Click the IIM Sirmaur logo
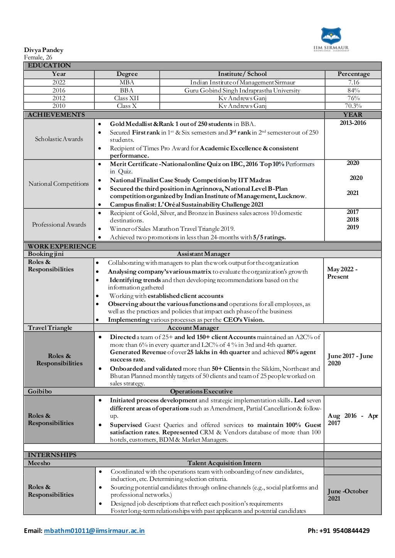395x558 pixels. pyautogui.click(x=331, y=39)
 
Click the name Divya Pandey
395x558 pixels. pyautogui.click(x=44, y=50)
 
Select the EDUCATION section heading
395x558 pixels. pyautogui.click(x=49, y=66)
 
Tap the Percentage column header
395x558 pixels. pyautogui.click(x=353, y=74)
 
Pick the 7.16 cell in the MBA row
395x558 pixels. pyautogui.click(x=353, y=82)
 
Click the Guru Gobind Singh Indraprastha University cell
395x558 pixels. pyautogui.click(x=242, y=91)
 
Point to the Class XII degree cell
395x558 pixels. pyautogui.click(x=127, y=98)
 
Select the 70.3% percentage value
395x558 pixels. pyautogui.click(x=353, y=106)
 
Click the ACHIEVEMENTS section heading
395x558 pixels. pyautogui.click(x=56, y=115)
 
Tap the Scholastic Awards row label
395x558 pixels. pyautogui.click(x=59, y=139)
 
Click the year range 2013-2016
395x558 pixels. pyautogui.click(x=353, y=123)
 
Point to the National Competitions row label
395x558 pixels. pyautogui.click(x=59, y=184)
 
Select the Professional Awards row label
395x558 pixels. pyautogui.click(x=59, y=225)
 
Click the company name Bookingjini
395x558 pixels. pyautogui.click(x=46, y=254)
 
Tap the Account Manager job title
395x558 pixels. pyautogui.click(x=193, y=328)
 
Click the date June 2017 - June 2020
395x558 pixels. pyautogui.click(x=350, y=360)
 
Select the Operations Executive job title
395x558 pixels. pyautogui.click(x=201, y=392)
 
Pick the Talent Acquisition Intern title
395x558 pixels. pyautogui.click(x=224, y=463)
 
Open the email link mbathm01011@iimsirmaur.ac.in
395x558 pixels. pyautogui.click(x=95, y=531)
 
